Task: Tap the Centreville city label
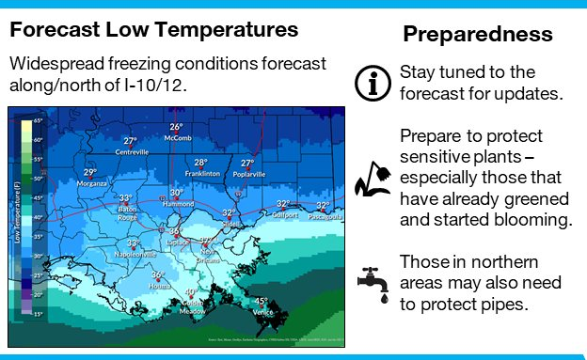(x=132, y=150)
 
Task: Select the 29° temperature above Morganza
(x=90, y=172)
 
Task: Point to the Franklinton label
(x=201, y=173)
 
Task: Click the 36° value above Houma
(x=159, y=274)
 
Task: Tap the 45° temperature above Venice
(x=262, y=301)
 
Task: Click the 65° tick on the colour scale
(x=39, y=121)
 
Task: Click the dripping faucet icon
(x=373, y=281)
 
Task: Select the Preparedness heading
(x=477, y=35)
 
